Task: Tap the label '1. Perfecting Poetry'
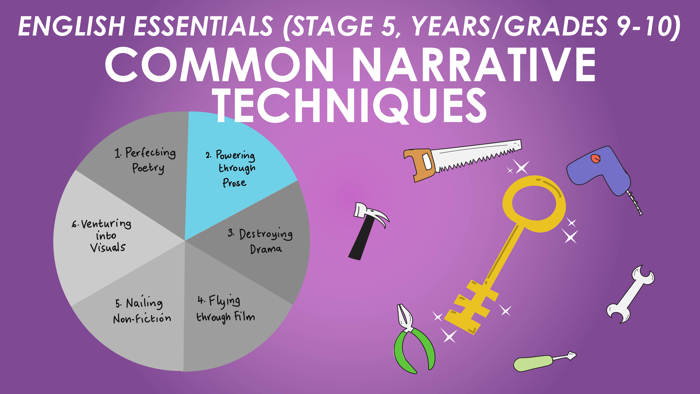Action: click(x=145, y=160)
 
